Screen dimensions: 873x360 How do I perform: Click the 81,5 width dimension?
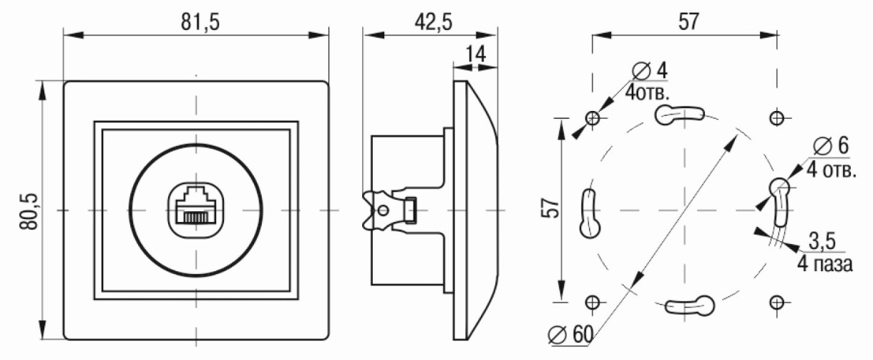click(200, 22)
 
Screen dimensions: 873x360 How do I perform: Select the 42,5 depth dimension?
click(434, 21)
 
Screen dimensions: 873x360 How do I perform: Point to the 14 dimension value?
click(476, 54)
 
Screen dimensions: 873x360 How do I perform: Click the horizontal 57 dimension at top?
click(689, 21)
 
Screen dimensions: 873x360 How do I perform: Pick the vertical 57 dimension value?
click(551, 208)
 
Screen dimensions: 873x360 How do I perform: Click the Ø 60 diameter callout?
click(570, 334)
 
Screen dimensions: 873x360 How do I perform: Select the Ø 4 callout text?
click(650, 71)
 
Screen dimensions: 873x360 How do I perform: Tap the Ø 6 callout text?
click(831, 146)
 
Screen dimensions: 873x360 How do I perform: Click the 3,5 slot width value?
click(822, 241)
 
